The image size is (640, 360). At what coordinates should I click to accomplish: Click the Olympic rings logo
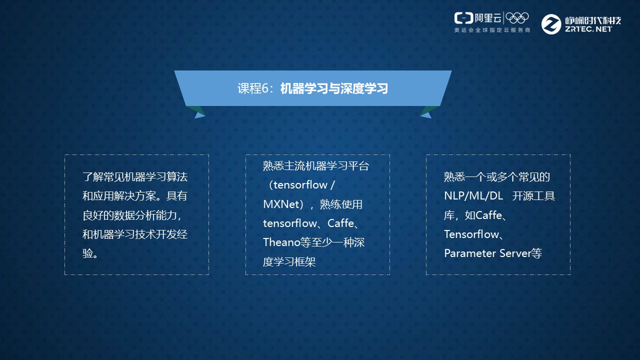(x=517, y=18)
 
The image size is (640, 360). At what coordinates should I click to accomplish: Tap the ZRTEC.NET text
(x=588, y=29)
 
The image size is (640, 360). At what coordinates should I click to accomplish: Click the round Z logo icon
(x=551, y=24)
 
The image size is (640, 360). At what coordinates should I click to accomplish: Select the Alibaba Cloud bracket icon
(x=463, y=18)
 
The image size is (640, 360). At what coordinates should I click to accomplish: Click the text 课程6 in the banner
(x=253, y=88)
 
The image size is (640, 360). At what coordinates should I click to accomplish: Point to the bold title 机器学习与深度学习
(x=334, y=88)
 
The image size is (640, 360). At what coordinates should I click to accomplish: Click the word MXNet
(x=280, y=204)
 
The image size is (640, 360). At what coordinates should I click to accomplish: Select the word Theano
(x=281, y=242)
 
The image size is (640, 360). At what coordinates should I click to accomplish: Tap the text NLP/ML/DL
(x=473, y=196)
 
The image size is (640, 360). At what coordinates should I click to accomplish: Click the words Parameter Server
(x=487, y=253)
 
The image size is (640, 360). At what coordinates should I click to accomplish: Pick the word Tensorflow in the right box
(x=471, y=234)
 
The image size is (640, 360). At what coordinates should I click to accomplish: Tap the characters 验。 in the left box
(x=90, y=253)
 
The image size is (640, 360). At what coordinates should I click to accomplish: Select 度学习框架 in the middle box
(x=289, y=261)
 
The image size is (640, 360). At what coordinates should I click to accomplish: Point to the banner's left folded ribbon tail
(x=196, y=112)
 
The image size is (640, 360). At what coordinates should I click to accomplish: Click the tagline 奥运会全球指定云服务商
(x=492, y=30)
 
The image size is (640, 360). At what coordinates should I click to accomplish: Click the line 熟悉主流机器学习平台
(x=316, y=166)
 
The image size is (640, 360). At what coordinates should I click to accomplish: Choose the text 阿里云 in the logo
(x=488, y=18)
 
